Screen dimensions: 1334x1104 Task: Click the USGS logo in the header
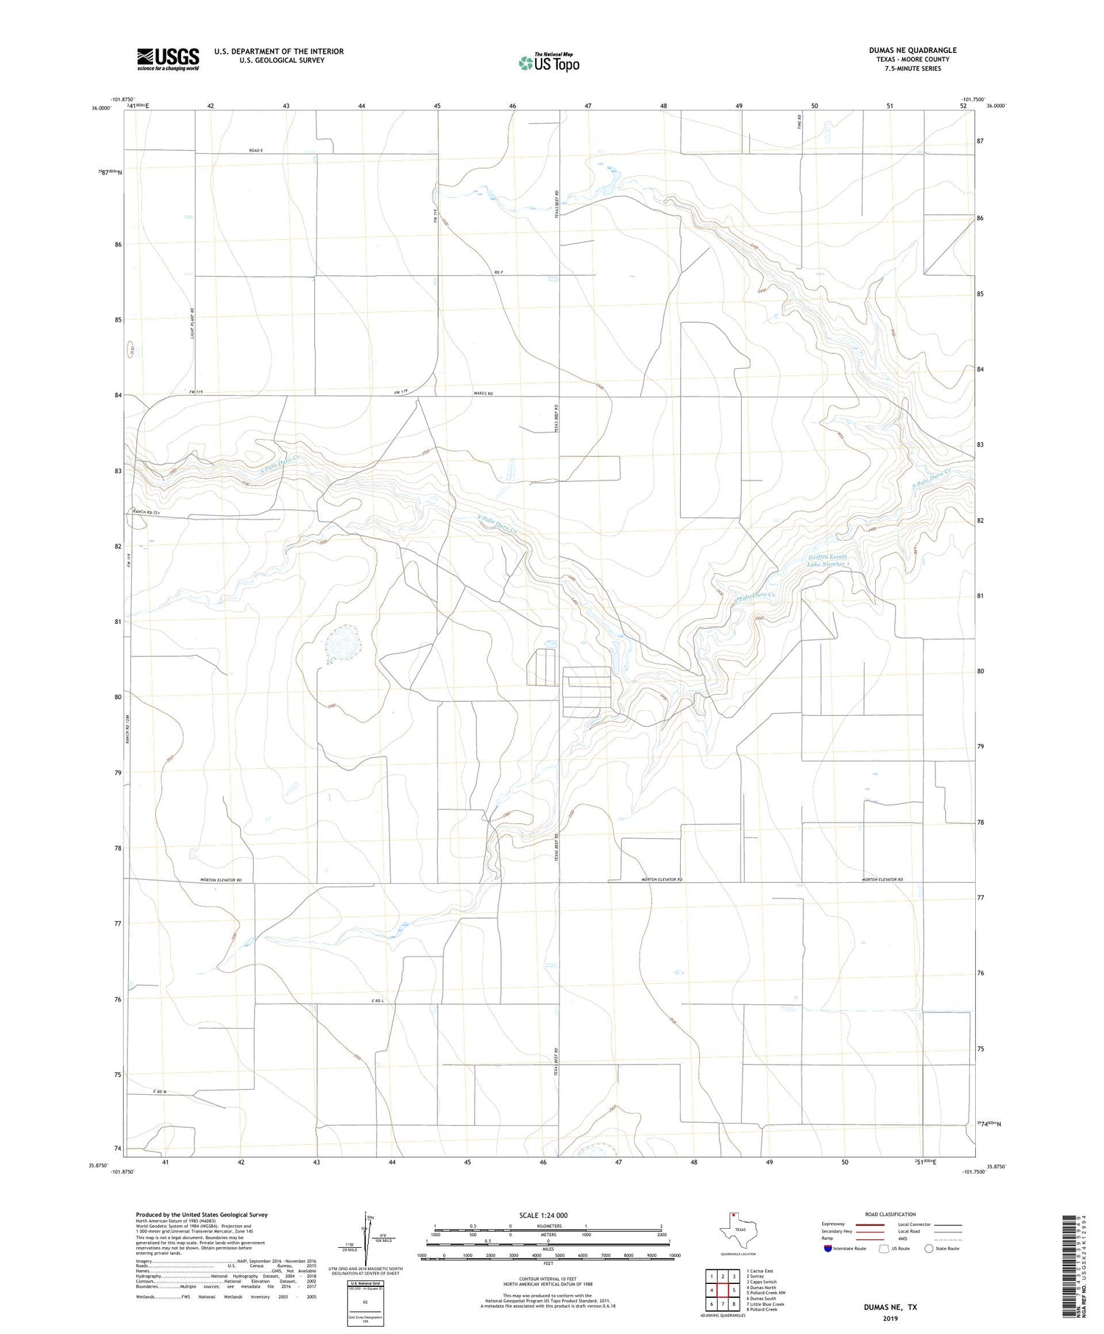[168, 59]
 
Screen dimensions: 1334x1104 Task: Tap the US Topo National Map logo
[548, 63]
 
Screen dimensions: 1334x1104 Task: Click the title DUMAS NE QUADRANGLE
[912, 50]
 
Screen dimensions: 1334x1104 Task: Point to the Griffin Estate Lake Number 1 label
[828, 560]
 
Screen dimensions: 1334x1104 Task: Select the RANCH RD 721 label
[146, 511]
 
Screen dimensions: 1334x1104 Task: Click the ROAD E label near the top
[255, 150]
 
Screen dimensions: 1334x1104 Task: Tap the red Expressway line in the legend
[869, 1224]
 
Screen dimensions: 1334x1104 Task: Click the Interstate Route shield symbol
[828, 1249]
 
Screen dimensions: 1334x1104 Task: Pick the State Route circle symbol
[929, 1249]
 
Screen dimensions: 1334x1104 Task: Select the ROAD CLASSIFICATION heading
[891, 1214]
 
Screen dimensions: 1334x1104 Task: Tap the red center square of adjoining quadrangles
[723, 1290]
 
